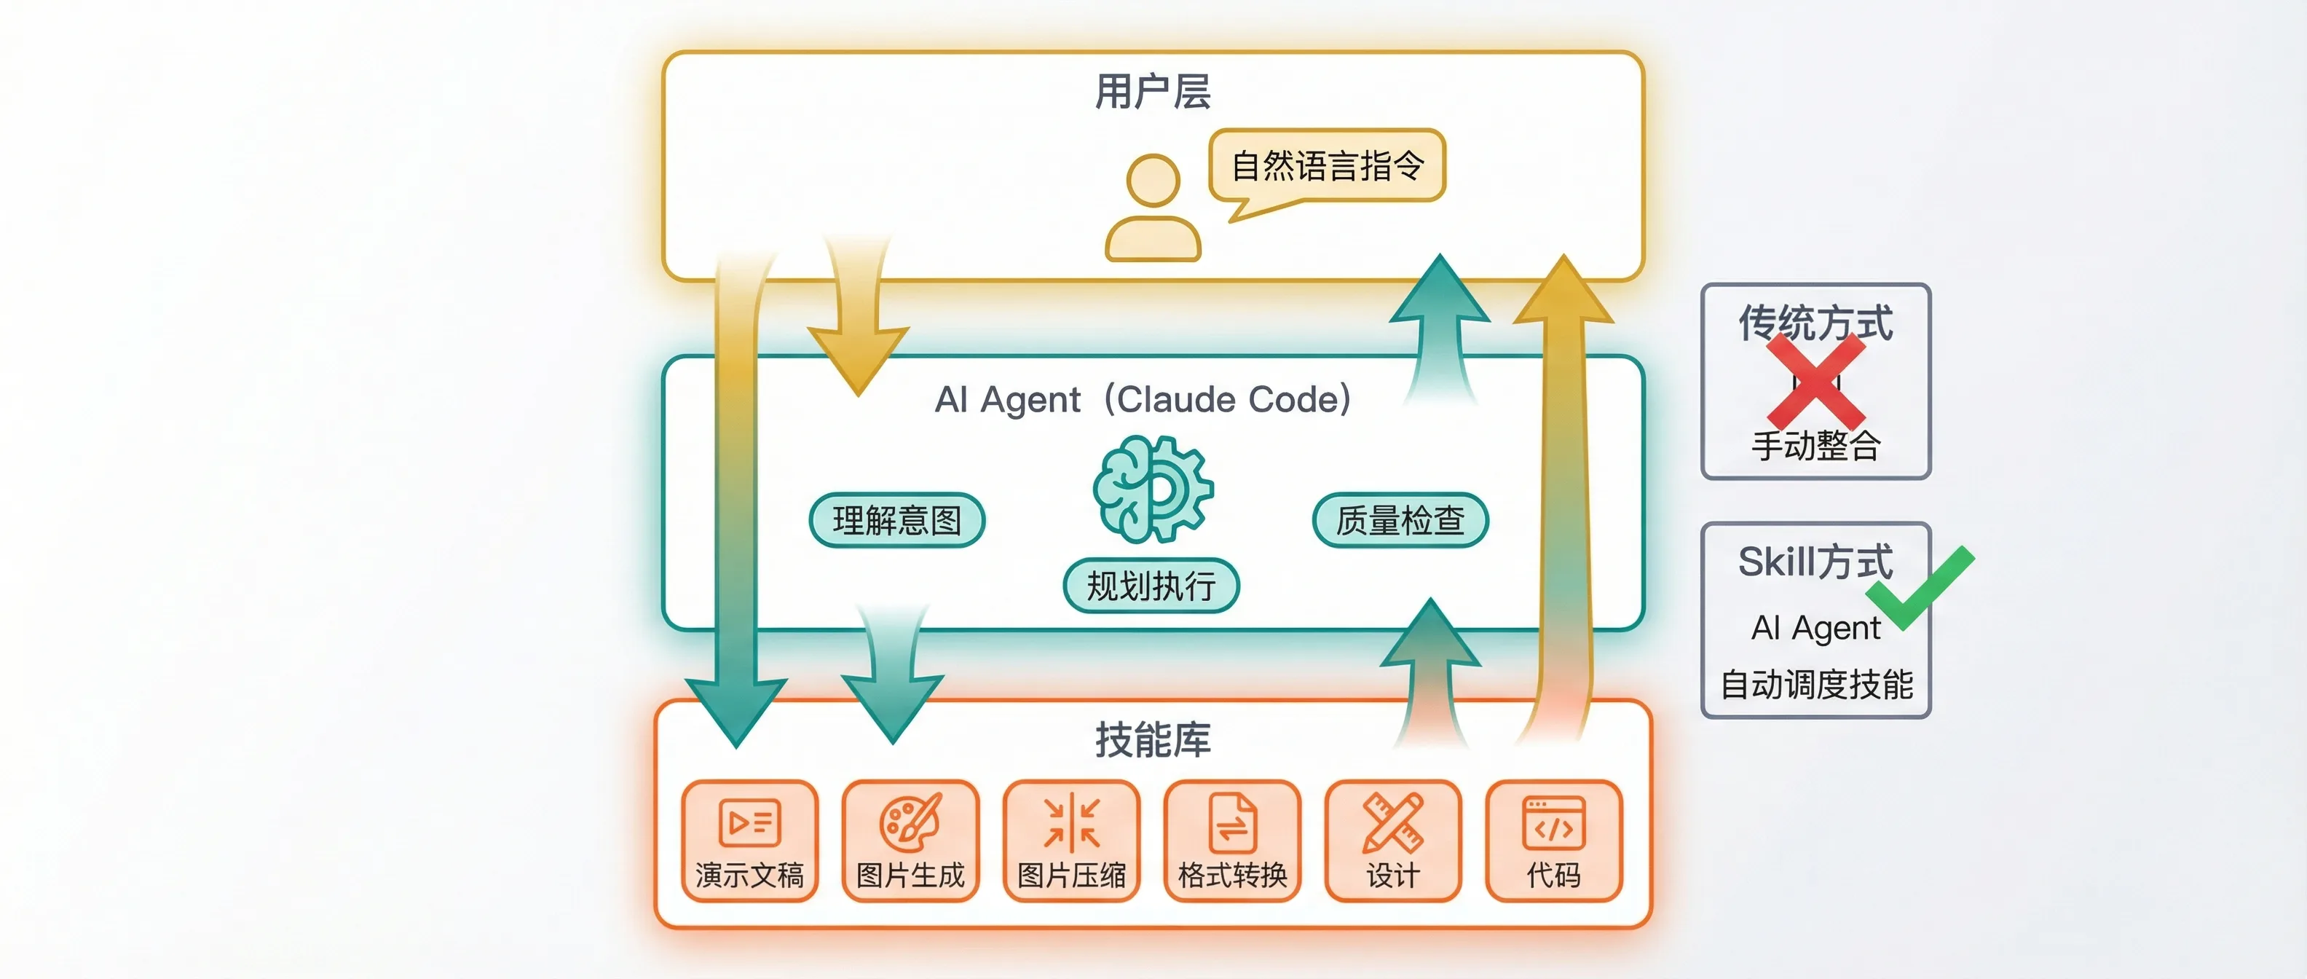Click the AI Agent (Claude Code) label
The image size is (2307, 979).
coord(1143,399)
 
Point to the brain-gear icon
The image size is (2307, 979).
coord(1153,488)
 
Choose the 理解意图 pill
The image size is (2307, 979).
coord(896,520)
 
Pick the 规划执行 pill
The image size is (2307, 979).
coord(1151,586)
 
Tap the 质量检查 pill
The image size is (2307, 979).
coord(1400,520)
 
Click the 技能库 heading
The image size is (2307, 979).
coord(1153,741)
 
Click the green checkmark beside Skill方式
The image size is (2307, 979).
coord(1919,586)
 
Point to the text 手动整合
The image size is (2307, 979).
coord(1815,445)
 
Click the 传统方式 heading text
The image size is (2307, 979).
coord(1815,323)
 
